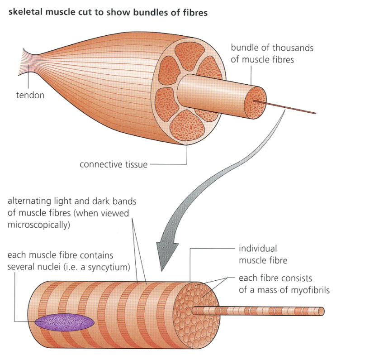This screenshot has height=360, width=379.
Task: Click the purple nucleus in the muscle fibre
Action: click(64, 322)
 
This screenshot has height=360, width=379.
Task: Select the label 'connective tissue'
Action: click(114, 165)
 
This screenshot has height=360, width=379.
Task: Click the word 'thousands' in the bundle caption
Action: click(295, 48)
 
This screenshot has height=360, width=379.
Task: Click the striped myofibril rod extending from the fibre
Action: click(258, 311)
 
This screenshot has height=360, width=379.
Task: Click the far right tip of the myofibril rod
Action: click(322, 311)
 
